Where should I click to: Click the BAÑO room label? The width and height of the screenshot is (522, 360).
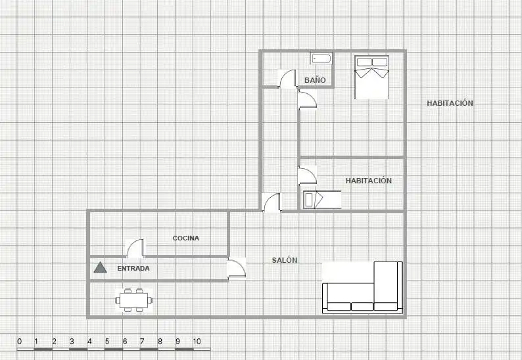click(315, 80)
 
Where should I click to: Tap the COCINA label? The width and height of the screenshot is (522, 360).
click(186, 238)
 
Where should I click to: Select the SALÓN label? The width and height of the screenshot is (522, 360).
click(285, 260)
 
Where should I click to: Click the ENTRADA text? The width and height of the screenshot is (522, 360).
click(133, 268)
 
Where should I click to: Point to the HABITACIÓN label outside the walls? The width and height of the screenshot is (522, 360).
click(450, 103)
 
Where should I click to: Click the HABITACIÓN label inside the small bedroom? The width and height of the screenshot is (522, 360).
click(369, 181)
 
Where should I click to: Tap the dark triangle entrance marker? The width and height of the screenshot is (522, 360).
click(100, 267)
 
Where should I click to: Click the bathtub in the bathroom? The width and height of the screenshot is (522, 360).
click(321, 59)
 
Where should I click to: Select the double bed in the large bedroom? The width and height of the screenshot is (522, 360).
click(372, 78)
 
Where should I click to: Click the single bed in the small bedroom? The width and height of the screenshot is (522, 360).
click(322, 200)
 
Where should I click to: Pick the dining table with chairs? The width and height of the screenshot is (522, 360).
click(134, 300)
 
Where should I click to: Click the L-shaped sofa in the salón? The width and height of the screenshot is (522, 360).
click(362, 288)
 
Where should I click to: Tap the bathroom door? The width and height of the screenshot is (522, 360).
click(287, 79)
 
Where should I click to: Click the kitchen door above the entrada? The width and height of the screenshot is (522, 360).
click(135, 248)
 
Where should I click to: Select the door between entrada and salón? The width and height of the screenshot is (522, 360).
click(237, 268)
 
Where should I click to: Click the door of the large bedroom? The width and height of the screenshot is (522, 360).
click(307, 99)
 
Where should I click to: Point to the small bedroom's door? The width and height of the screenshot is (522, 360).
click(307, 175)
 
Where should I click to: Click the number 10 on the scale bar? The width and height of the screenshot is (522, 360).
click(197, 342)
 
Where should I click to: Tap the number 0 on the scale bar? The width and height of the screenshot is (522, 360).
click(19, 342)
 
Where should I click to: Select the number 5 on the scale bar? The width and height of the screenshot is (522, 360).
click(107, 342)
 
